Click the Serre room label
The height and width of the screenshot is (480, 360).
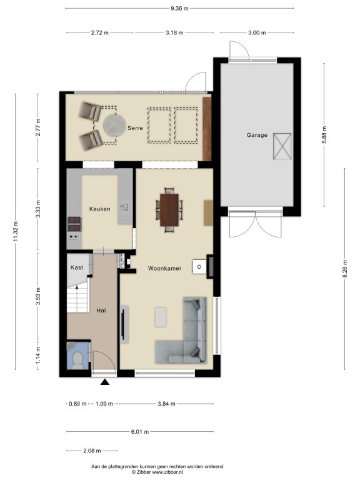pyautogui.click(x=135, y=128)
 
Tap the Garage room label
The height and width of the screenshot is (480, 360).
pyautogui.click(x=257, y=135)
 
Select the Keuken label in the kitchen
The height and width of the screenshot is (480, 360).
pyautogui.click(x=99, y=209)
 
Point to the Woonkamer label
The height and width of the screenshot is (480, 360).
pyautogui.click(x=165, y=269)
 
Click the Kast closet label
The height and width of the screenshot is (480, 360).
pyautogui.click(x=76, y=267)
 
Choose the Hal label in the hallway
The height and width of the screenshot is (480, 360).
pyautogui.click(x=101, y=311)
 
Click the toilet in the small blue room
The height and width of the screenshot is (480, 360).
pyautogui.click(x=77, y=360)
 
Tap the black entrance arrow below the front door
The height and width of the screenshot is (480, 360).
pyautogui.click(x=105, y=382)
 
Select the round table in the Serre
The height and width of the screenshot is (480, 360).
pyautogui.click(x=114, y=125)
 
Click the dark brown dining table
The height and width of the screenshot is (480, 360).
pyautogui.click(x=169, y=210)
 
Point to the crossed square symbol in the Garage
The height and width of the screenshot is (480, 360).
pyautogui.click(x=282, y=146)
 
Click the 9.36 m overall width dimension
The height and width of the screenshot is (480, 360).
pyautogui.click(x=179, y=8)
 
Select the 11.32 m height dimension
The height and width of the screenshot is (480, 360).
pyautogui.click(x=16, y=231)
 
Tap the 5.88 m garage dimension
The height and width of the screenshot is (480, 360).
pyautogui.click(x=324, y=135)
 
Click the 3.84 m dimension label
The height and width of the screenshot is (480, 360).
pyautogui.click(x=166, y=404)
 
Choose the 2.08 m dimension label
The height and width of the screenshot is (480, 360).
pyautogui.click(x=92, y=451)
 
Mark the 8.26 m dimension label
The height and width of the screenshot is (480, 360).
pyautogui.click(x=345, y=269)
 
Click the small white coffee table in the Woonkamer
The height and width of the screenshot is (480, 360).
pyautogui.click(x=161, y=317)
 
